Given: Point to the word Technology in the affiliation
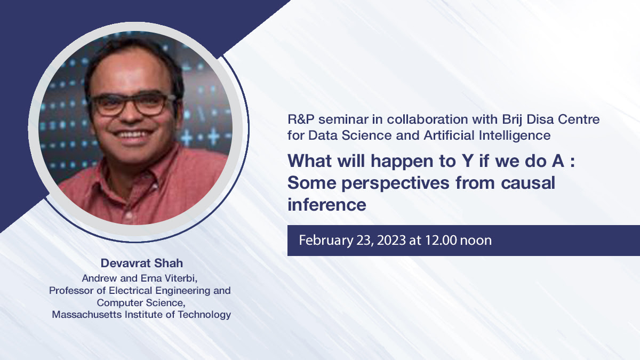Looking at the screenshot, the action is [204, 315].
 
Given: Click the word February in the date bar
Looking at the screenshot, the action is [326, 241].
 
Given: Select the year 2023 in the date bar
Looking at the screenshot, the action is [391, 241].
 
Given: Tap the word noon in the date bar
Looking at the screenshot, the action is [476, 241].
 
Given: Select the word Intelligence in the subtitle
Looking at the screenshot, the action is [515, 135].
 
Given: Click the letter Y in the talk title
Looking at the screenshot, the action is [467, 161].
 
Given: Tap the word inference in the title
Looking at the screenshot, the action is [326, 205].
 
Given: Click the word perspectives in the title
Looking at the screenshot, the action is [395, 183].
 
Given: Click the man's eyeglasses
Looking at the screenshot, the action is [131, 105].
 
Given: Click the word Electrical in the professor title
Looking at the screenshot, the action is [127, 291].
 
